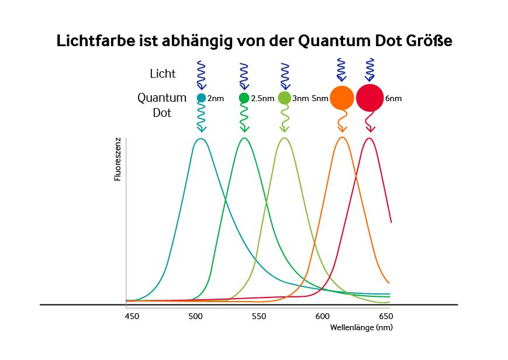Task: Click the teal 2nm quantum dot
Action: (x=201, y=98)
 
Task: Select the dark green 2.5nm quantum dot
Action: (x=244, y=98)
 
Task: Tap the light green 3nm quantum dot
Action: (x=284, y=98)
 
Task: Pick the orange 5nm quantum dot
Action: (x=341, y=98)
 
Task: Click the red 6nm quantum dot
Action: (x=369, y=98)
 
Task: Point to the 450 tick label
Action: (x=132, y=316)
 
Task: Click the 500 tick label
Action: (x=195, y=316)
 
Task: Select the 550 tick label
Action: (x=258, y=316)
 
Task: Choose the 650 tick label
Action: (x=385, y=316)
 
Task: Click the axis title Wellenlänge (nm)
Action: (x=361, y=327)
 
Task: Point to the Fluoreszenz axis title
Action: (x=118, y=159)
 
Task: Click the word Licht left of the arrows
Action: (x=163, y=74)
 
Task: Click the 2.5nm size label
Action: (x=262, y=99)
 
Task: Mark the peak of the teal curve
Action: (x=201, y=139)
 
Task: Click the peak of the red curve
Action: (x=369, y=138)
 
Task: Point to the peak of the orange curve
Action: (x=342, y=137)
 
